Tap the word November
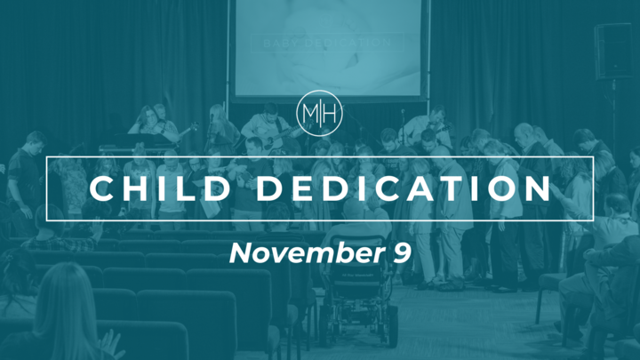(x=290, y=253)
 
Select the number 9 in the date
(x=401, y=253)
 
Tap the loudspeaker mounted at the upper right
(x=614, y=51)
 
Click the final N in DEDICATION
(x=535, y=189)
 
